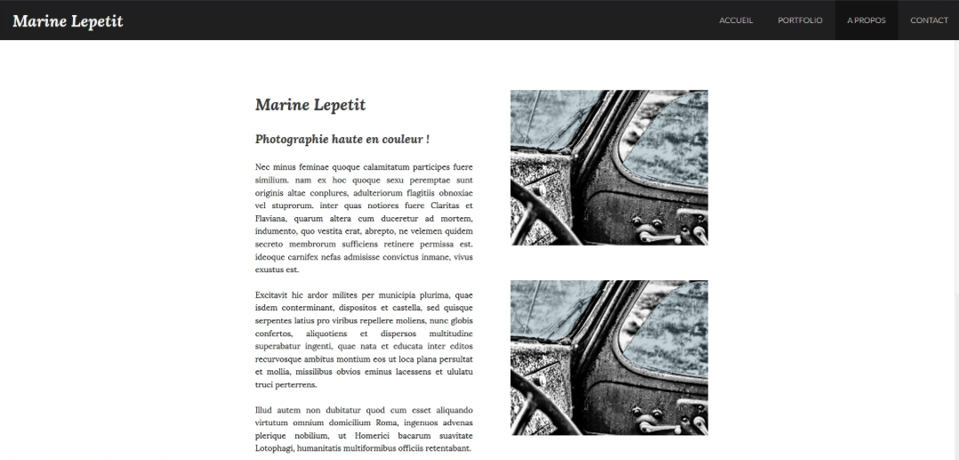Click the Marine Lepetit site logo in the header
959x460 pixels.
68,20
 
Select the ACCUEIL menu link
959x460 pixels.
736,20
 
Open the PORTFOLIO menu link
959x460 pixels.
800,20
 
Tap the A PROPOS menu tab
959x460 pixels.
866,20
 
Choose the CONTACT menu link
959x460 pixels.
929,20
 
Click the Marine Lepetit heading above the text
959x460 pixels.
310,105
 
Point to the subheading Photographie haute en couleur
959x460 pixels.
342,139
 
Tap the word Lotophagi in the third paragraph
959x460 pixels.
276,448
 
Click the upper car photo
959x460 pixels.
608,167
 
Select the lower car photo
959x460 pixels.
608,358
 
